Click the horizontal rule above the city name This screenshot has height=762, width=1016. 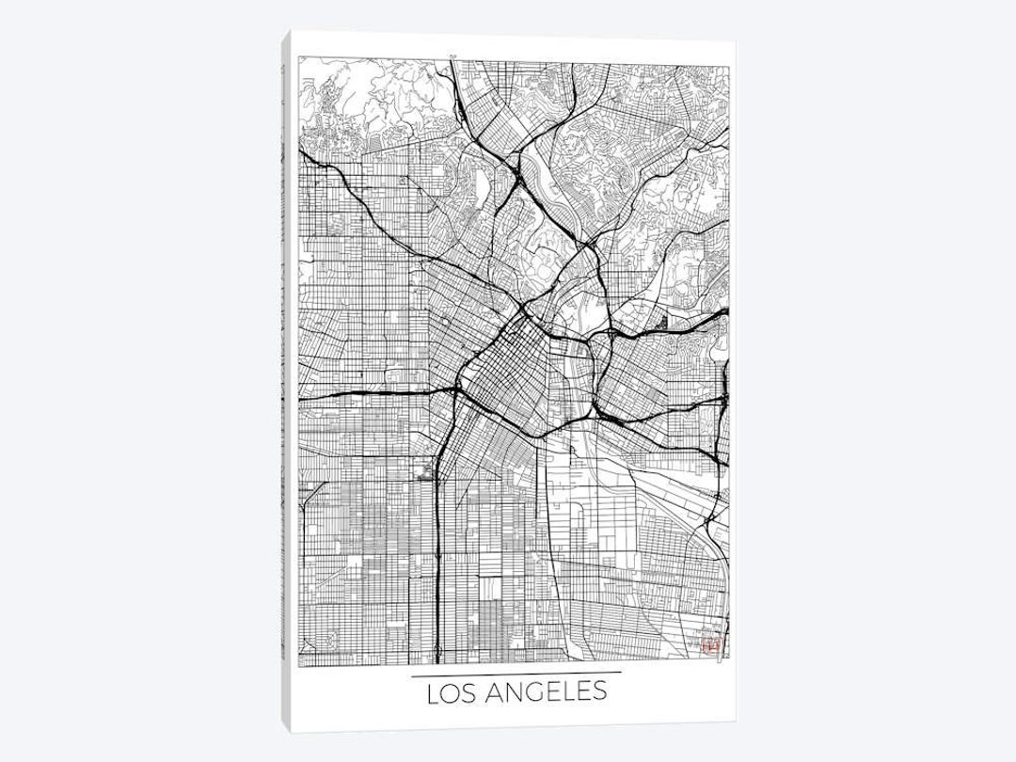tap(516, 674)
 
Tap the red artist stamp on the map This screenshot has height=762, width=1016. tap(710, 645)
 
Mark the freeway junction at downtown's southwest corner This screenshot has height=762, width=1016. tap(458, 388)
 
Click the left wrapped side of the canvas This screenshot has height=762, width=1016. tap(286, 376)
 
